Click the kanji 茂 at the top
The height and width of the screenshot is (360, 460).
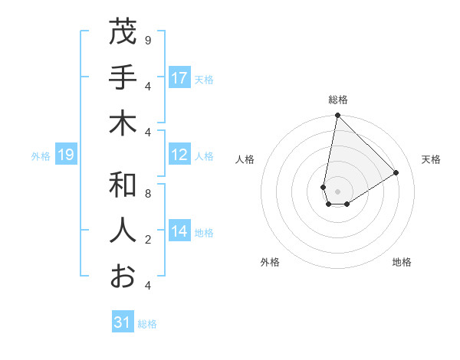tap(123, 32)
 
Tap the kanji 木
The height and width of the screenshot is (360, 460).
tap(123, 123)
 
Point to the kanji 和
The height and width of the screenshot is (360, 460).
tap(123, 185)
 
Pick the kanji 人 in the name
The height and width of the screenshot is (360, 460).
tap(123, 231)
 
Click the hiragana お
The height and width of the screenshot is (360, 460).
tap(123, 277)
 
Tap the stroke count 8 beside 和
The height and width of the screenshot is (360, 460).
tap(147, 194)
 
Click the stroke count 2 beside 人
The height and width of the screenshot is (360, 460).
tap(147, 240)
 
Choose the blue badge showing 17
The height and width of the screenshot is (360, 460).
tap(179, 78)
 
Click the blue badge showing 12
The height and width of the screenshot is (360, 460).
tap(179, 155)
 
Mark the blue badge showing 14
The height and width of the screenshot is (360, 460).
tap(179, 232)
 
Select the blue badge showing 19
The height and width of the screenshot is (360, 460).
tap(66, 155)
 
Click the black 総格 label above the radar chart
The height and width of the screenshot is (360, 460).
tap(337, 100)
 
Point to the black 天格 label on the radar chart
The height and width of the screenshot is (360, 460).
tap(431, 159)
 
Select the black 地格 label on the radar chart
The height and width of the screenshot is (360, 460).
tap(402, 262)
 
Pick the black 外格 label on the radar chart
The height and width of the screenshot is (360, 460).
tap(270, 262)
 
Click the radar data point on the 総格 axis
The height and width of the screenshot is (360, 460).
tap(337, 116)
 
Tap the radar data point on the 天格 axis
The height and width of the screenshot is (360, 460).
tap(396, 172)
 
